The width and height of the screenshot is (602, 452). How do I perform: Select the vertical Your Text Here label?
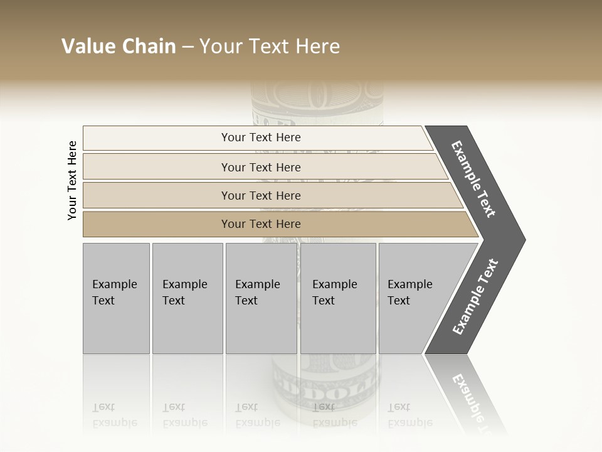[x=72, y=180]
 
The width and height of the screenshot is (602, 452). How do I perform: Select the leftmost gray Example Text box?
[x=116, y=298]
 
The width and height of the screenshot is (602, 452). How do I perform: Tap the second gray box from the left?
[x=187, y=298]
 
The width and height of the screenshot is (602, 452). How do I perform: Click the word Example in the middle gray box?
[x=257, y=284]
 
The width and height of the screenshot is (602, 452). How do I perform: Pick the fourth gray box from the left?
[x=337, y=298]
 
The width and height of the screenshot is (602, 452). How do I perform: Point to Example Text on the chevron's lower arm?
[x=475, y=296]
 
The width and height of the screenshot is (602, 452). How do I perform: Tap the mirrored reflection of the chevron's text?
[x=470, y=402]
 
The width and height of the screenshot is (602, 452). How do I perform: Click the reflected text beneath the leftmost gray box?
[x=114, y=416]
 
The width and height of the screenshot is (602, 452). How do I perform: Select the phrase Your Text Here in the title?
[x=270, y=46]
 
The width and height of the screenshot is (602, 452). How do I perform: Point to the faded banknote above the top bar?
[x=317, y=100]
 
